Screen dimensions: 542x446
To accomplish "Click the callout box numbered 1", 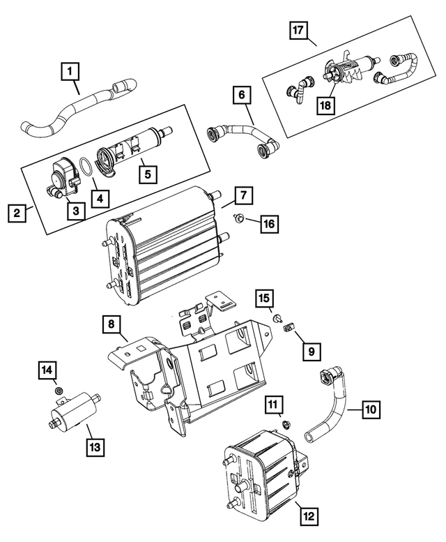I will pyautogui.click(x=71, y=70).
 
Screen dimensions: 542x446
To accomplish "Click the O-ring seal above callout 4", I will pyautogui.click(x=84, y=168).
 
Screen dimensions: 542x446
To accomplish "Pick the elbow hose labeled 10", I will pyautogui.click(x=333, y=408).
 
